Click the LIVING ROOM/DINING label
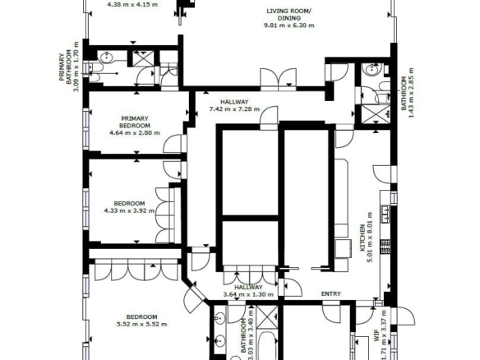[x=289, y=15]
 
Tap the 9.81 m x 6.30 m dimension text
[x=289, y=25]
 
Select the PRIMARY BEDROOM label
[x=135, y=122]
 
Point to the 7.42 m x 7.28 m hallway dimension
[x=234, y=108]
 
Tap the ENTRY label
[x=331, y=294]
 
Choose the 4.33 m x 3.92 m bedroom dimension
[x=129, y=210]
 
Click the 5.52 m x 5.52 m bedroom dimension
[x=142, y=324]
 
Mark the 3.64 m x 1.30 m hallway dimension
[x=248, y=295]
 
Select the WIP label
[x=376, y=335]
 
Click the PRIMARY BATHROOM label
[x=65, y=67]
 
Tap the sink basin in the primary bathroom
[x=106, y=57]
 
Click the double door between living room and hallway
[x=278, y=79]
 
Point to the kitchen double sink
[x=385, y=214]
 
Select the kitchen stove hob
[x=385, y=247]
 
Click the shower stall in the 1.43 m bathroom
[x=376, y=114]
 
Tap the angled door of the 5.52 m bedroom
[x=194, y=296]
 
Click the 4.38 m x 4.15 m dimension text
[x=133, y=5]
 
